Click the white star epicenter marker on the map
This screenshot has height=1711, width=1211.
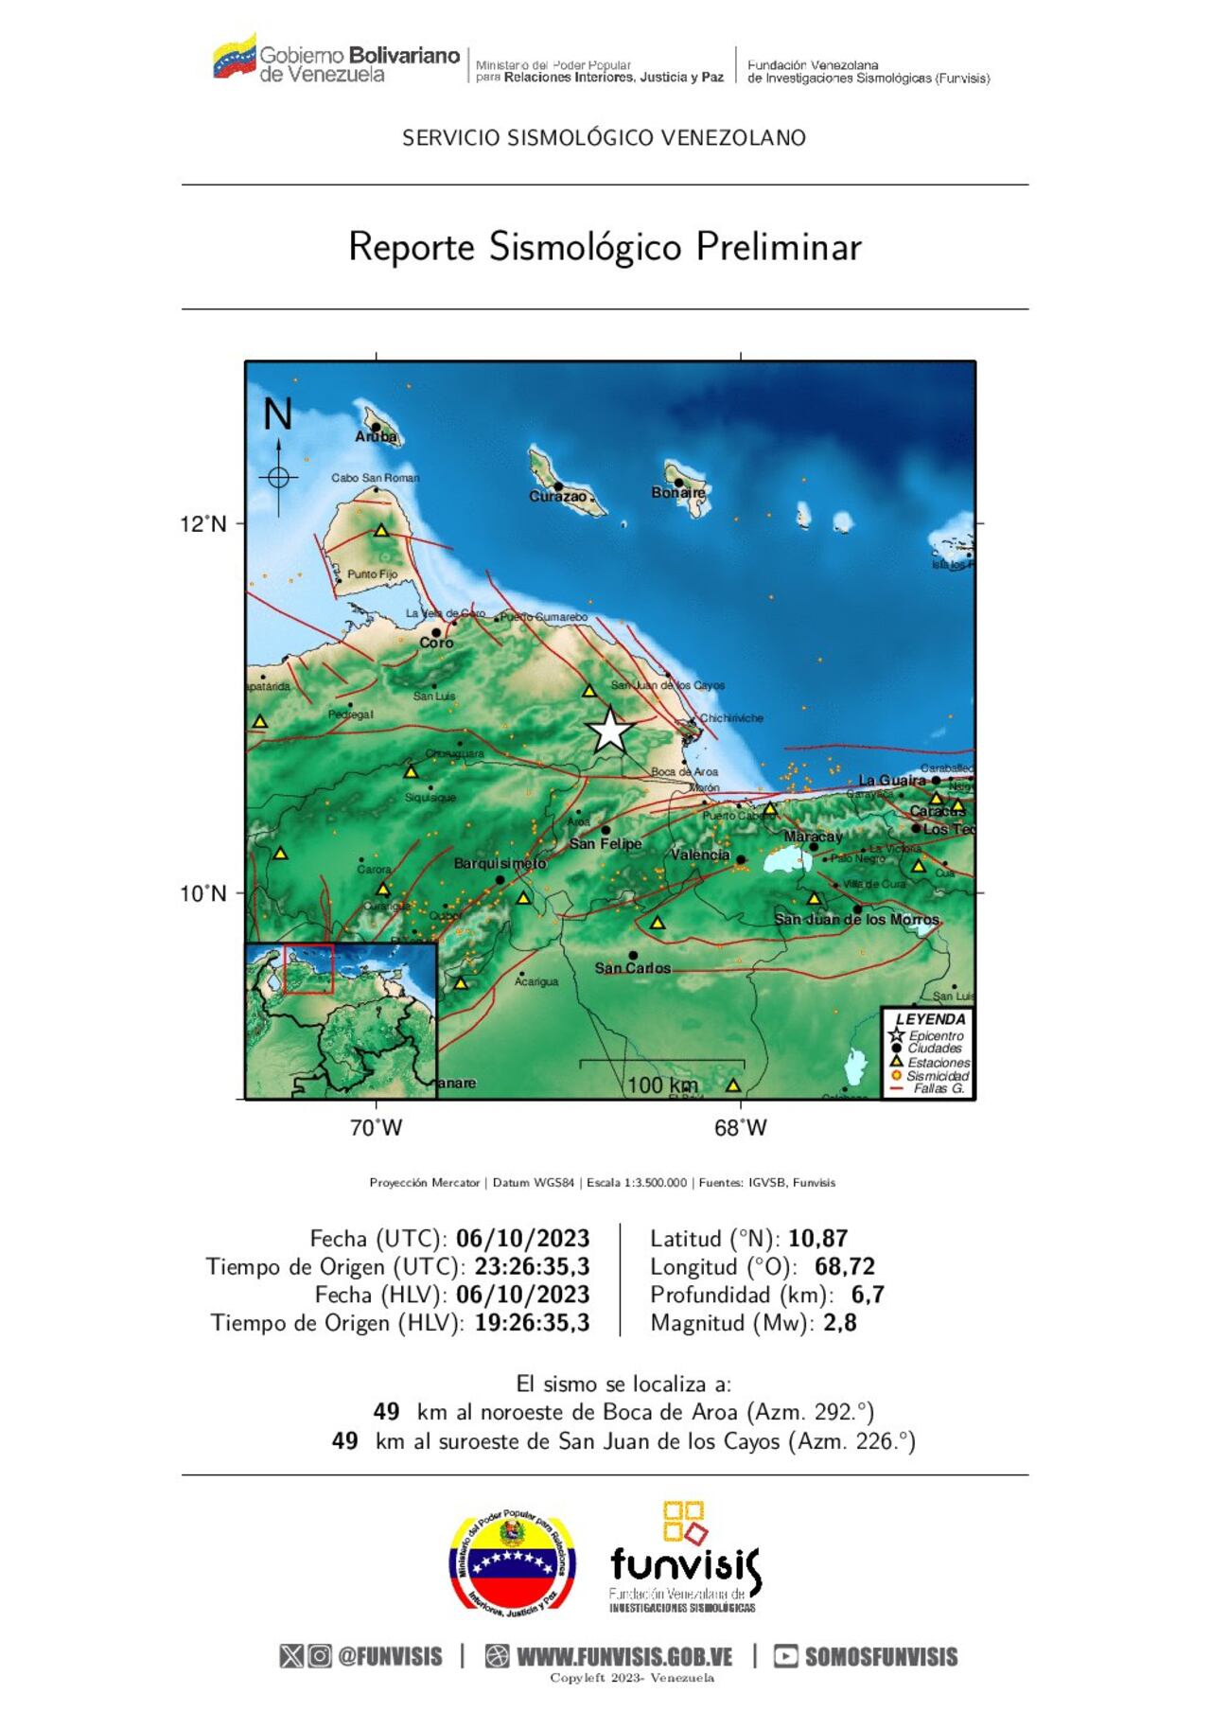610,731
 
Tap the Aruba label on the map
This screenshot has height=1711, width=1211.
377,437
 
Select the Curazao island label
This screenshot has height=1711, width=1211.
557,497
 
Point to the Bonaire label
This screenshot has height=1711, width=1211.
678,493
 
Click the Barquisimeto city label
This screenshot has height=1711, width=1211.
500,864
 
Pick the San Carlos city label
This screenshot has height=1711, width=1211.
632,968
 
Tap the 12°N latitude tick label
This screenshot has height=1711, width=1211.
203,524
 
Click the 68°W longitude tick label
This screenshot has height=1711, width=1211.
741,1128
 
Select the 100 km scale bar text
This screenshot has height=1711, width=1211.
662,1085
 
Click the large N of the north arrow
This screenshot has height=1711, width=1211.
277,415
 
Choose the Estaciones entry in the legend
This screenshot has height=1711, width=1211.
938,1063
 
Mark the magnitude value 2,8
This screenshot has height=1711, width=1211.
839,1323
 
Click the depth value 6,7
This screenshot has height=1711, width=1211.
868,1295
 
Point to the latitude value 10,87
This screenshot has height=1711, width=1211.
817,1239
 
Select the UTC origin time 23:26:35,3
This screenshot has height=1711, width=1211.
532,1267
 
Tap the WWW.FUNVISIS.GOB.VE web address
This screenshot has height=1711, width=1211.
624,1657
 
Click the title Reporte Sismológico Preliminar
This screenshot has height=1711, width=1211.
605,247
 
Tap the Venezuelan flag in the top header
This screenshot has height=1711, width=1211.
234,58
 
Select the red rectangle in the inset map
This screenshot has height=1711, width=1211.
308,968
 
